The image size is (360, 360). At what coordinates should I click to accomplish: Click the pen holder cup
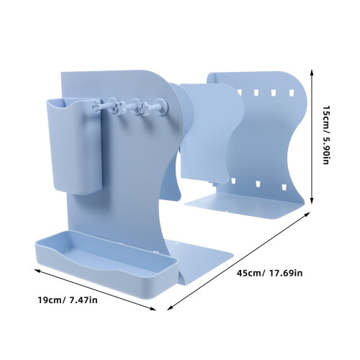(74, 146)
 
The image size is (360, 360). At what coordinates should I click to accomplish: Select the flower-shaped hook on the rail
(118, 107)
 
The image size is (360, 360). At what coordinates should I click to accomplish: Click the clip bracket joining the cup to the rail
(96, 106)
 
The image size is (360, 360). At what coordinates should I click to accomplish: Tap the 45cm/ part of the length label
(251, 273)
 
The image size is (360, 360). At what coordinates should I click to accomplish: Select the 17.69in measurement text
(286, 273)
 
